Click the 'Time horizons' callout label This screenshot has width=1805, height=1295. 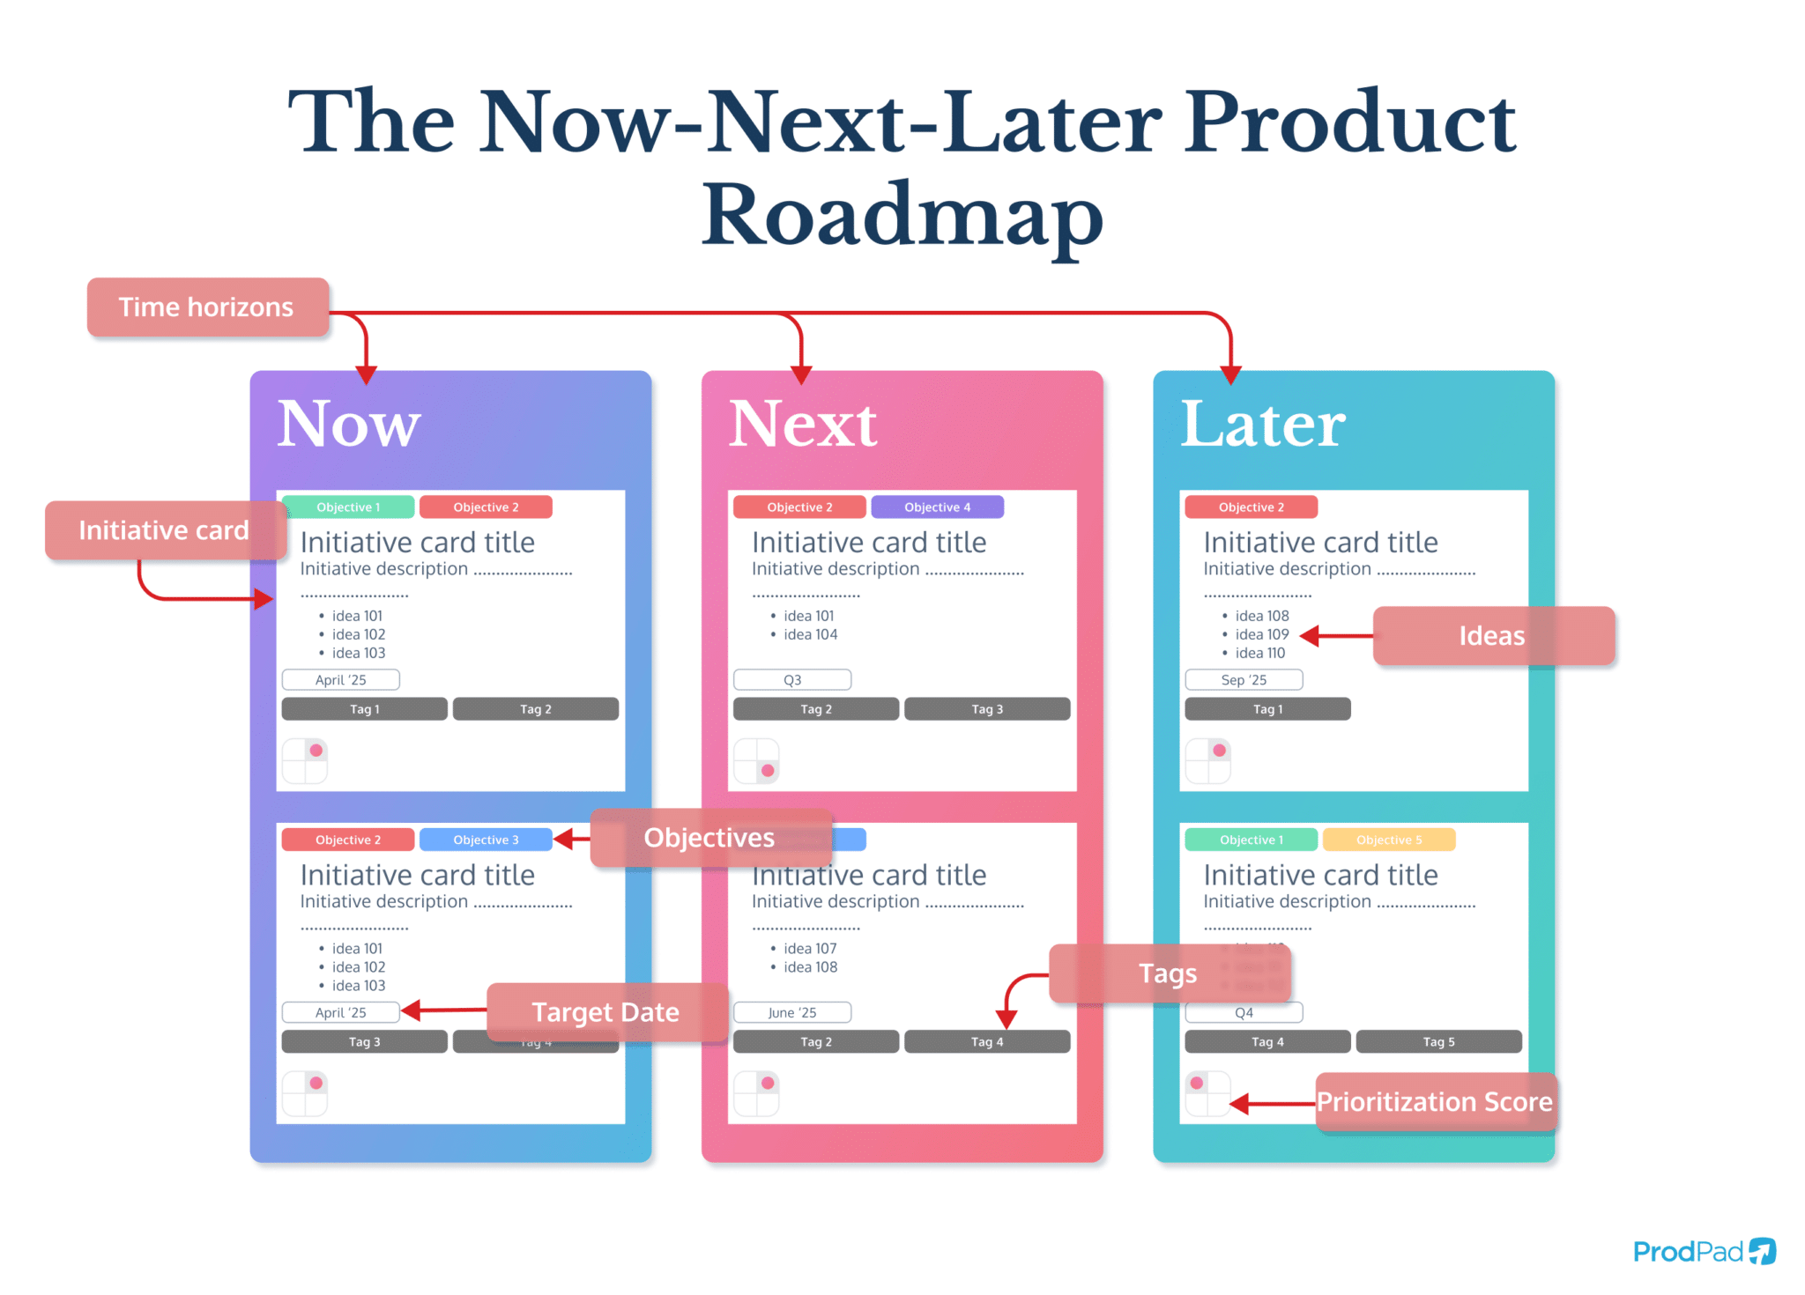[x=207, y=307]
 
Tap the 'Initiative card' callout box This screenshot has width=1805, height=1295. [x=164, y=530]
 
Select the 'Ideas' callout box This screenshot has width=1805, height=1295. [x=1492, y=635]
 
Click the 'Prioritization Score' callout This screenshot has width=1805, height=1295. [x=1435, y=1101]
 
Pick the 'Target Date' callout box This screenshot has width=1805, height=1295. [x=605, y=1012]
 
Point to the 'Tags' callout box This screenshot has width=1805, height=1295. [x=1169, y=973]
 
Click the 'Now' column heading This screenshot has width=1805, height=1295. [x=349, y=424]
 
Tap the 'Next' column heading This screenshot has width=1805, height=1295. [x=803, y=424]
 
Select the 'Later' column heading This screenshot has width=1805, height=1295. [x=1263, y=424]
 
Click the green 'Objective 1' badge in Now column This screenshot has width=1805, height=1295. [x=348, y=507]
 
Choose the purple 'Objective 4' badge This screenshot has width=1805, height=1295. [x=937, y=507]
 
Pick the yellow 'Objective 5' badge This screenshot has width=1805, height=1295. [x=1388, y=840]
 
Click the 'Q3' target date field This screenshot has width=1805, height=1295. [x=792, y=680]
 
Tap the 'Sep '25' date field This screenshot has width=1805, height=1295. [x=1244, y=680]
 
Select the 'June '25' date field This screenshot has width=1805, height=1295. [x=792, y=1012]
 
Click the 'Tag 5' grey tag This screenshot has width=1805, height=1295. [x=1438, y=1041]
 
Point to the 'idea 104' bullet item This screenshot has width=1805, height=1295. [x=810, y=634]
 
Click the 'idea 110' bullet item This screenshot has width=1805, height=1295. [x=1259, y=653]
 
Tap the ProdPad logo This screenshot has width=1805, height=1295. [x=1704, y=1251]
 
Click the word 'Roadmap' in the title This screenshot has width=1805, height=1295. [x=902, y=216]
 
